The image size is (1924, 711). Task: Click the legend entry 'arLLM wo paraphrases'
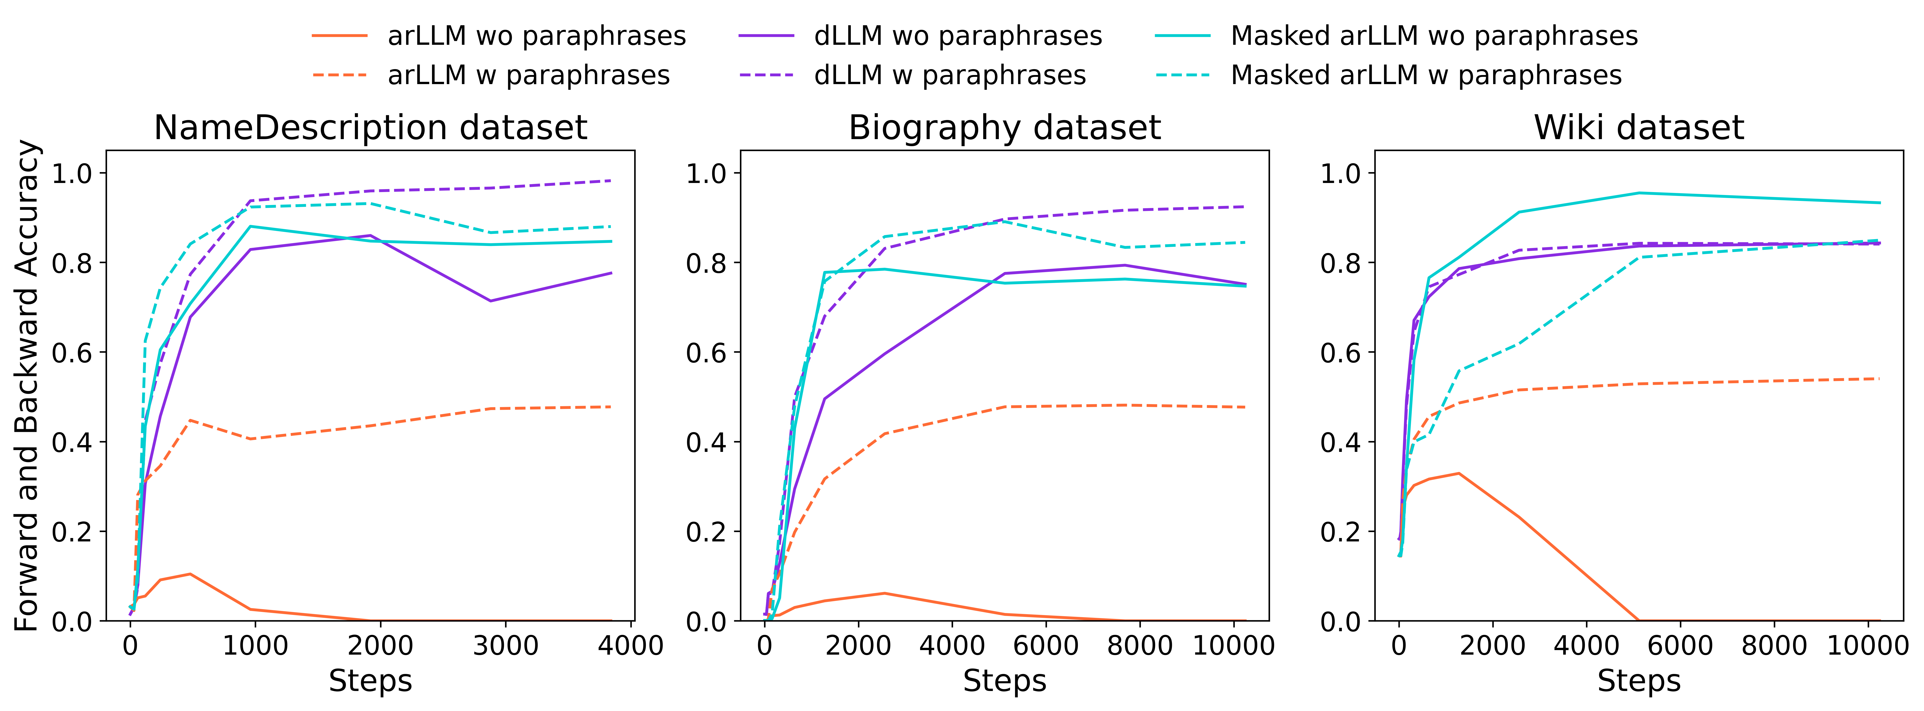pos(536,36)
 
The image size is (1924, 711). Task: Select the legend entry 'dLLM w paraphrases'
pos(950,75)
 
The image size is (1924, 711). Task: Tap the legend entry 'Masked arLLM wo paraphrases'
pos(1434,36)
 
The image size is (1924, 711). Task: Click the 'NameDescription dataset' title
pos(370,128)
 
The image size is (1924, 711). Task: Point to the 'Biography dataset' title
pos(1005,128)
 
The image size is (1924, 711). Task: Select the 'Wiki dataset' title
pos(1639,128)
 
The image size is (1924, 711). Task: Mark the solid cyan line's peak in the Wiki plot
pos(1639,193)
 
